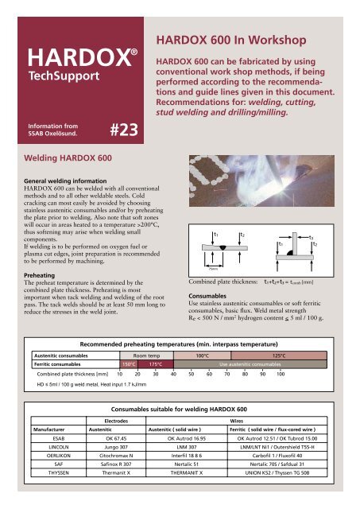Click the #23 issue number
point(124,130)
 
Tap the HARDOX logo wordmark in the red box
point(83,58)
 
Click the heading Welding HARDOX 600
point(68,158)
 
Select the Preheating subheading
point(39,275)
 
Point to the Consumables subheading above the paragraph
point(207,296)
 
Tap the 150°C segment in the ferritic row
point(129,364)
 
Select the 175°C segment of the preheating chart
point(155,364)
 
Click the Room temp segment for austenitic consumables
point(146,356)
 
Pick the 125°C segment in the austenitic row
point(279,356)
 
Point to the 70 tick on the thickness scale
point(227,374)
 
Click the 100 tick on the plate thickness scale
point(281,374)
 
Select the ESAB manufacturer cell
point(59,438)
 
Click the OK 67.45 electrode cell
point(116,438)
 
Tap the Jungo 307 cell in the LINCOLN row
point(116,447)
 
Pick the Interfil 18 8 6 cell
point(187,456)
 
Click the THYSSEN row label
point(59,472)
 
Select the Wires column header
point(237,421)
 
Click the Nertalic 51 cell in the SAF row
point(187,464)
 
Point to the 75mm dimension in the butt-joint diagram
point(213,269)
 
